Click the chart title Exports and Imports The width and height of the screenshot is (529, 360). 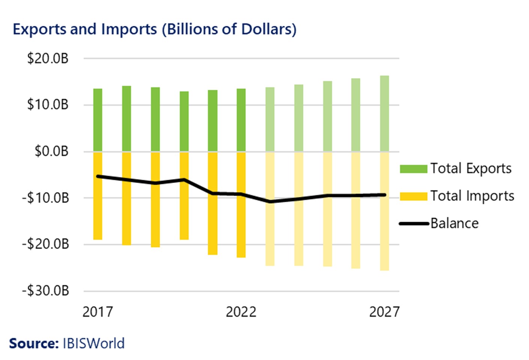pos(154,29)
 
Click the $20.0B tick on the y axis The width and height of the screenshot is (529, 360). pos(48,59)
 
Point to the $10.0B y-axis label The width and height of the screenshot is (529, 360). pos(48,104)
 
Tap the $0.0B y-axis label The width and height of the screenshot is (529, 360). pos(51,151)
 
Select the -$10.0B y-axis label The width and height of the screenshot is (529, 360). pos(45,198)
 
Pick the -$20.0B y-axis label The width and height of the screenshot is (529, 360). pos(45,244)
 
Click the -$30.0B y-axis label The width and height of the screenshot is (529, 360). pos(45,290)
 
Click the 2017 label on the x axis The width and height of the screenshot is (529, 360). pos(97,312)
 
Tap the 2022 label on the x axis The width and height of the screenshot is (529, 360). pos(241,312)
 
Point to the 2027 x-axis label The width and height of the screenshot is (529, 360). pos(384,312)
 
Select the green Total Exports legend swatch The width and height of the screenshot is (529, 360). pos(413,169)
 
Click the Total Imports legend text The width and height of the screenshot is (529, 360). pos(472,196)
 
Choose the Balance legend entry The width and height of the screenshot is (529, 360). pos(454,223)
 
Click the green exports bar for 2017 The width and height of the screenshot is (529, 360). pos(98,120)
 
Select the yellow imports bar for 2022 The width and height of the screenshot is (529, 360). pos(241,205)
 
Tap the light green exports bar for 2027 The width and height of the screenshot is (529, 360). pos(384,113)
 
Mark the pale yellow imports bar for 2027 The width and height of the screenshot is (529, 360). pos(384,233)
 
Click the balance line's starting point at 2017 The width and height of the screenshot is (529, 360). pos(98,176)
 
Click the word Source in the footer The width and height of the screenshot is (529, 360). pos(33,343)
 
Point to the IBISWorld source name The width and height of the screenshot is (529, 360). pos(93,343)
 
